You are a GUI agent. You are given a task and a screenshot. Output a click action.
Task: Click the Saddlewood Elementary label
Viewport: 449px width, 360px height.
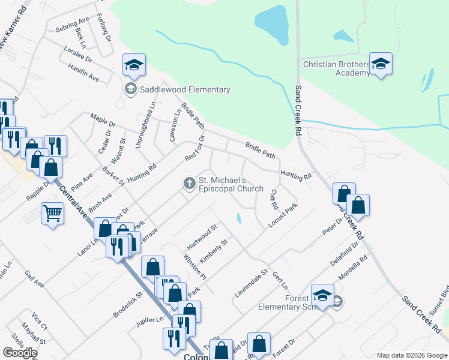[x=184, y=90]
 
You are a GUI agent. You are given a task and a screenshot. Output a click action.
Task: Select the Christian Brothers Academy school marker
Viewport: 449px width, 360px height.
[x=380, y=65]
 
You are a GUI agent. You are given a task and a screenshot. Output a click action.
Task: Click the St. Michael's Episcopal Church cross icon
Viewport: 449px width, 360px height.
[x=190, y=182]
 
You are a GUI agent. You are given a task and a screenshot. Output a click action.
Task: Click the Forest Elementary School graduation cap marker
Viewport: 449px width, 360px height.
[x=322, y=295]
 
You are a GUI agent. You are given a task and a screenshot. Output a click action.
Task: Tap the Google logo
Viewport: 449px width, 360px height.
[x=19, y=353]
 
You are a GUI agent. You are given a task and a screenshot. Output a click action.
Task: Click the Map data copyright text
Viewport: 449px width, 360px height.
[x=411, y=355]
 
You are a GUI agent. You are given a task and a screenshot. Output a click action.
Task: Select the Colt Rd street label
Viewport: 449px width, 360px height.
[x=274, y=199]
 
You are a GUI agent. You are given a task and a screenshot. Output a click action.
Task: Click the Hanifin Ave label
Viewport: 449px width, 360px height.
[x=84, y=74]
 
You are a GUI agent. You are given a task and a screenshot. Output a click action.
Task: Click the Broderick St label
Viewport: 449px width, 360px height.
[x=127, y=305]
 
